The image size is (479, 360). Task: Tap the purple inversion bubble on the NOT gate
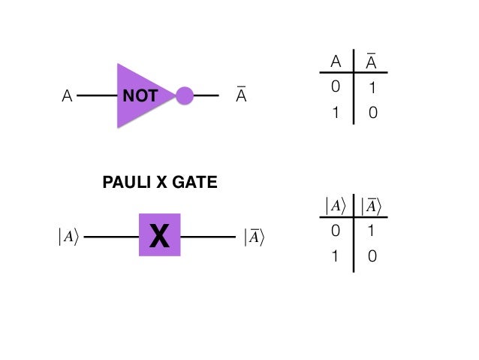click(185, 96)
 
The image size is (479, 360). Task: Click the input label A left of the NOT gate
click(67, 97)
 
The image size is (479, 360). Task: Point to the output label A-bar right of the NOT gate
click(241, 96)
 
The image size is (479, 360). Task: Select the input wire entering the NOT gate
click(96, 96)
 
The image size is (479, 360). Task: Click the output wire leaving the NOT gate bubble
click(206, 96)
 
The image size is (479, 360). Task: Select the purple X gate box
click(159, 235)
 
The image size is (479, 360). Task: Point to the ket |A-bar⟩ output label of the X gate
click(255, 237)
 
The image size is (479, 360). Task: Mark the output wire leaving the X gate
click(208, 237)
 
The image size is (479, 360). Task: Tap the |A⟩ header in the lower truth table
click(334, 205)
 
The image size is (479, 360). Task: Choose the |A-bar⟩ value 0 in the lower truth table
click(371, 256)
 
